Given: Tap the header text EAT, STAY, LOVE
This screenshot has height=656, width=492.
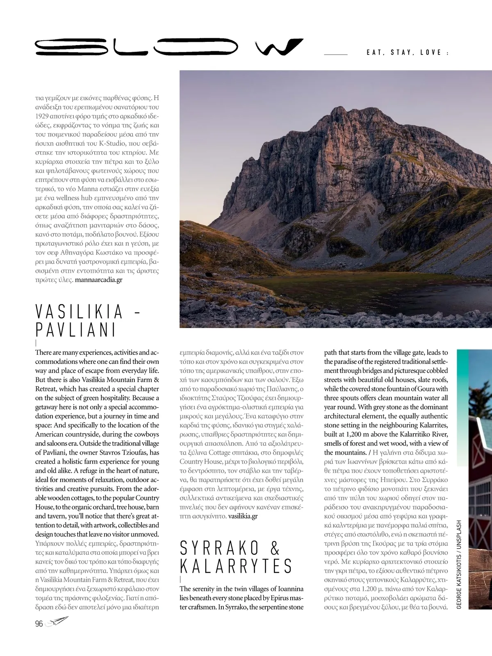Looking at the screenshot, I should [406, 53].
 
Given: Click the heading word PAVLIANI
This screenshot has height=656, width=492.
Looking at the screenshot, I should [76, 330].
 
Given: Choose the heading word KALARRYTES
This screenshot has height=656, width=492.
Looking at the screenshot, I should [236, 566].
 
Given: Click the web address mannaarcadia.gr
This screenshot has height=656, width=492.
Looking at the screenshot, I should [99, 280].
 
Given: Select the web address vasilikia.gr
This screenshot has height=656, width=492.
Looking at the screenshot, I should [243, 516].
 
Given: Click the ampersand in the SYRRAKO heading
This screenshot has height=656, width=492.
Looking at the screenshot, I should [275, 549].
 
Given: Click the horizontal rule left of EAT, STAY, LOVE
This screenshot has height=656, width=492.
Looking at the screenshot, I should [336, 54].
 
